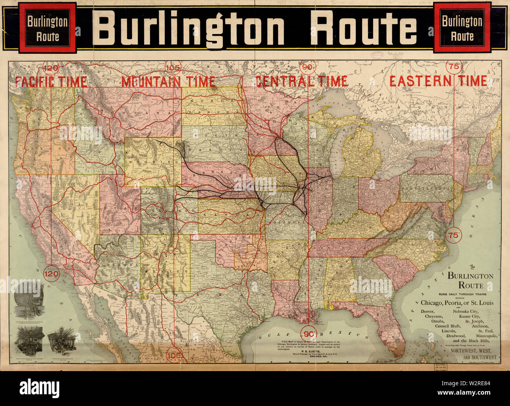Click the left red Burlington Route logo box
pos(47,28)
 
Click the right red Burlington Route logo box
pos(462,28)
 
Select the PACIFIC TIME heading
pos(51,82)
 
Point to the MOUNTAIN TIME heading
pos(168,82)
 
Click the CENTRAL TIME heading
pos(301,81)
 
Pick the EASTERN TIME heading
pos(438,81)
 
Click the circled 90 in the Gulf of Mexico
pos(308,334)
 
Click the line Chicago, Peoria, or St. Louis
pos(457,303)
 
